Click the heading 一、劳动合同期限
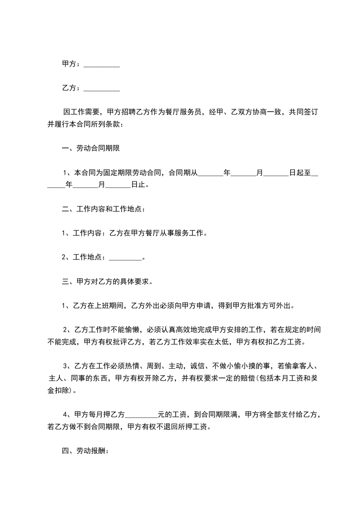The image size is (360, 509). (91, 148)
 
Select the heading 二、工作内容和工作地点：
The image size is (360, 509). (104, 210)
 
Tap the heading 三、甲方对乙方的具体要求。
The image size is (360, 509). (107, 281)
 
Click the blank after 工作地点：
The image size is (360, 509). (126, 258)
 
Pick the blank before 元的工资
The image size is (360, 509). (141, 415)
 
